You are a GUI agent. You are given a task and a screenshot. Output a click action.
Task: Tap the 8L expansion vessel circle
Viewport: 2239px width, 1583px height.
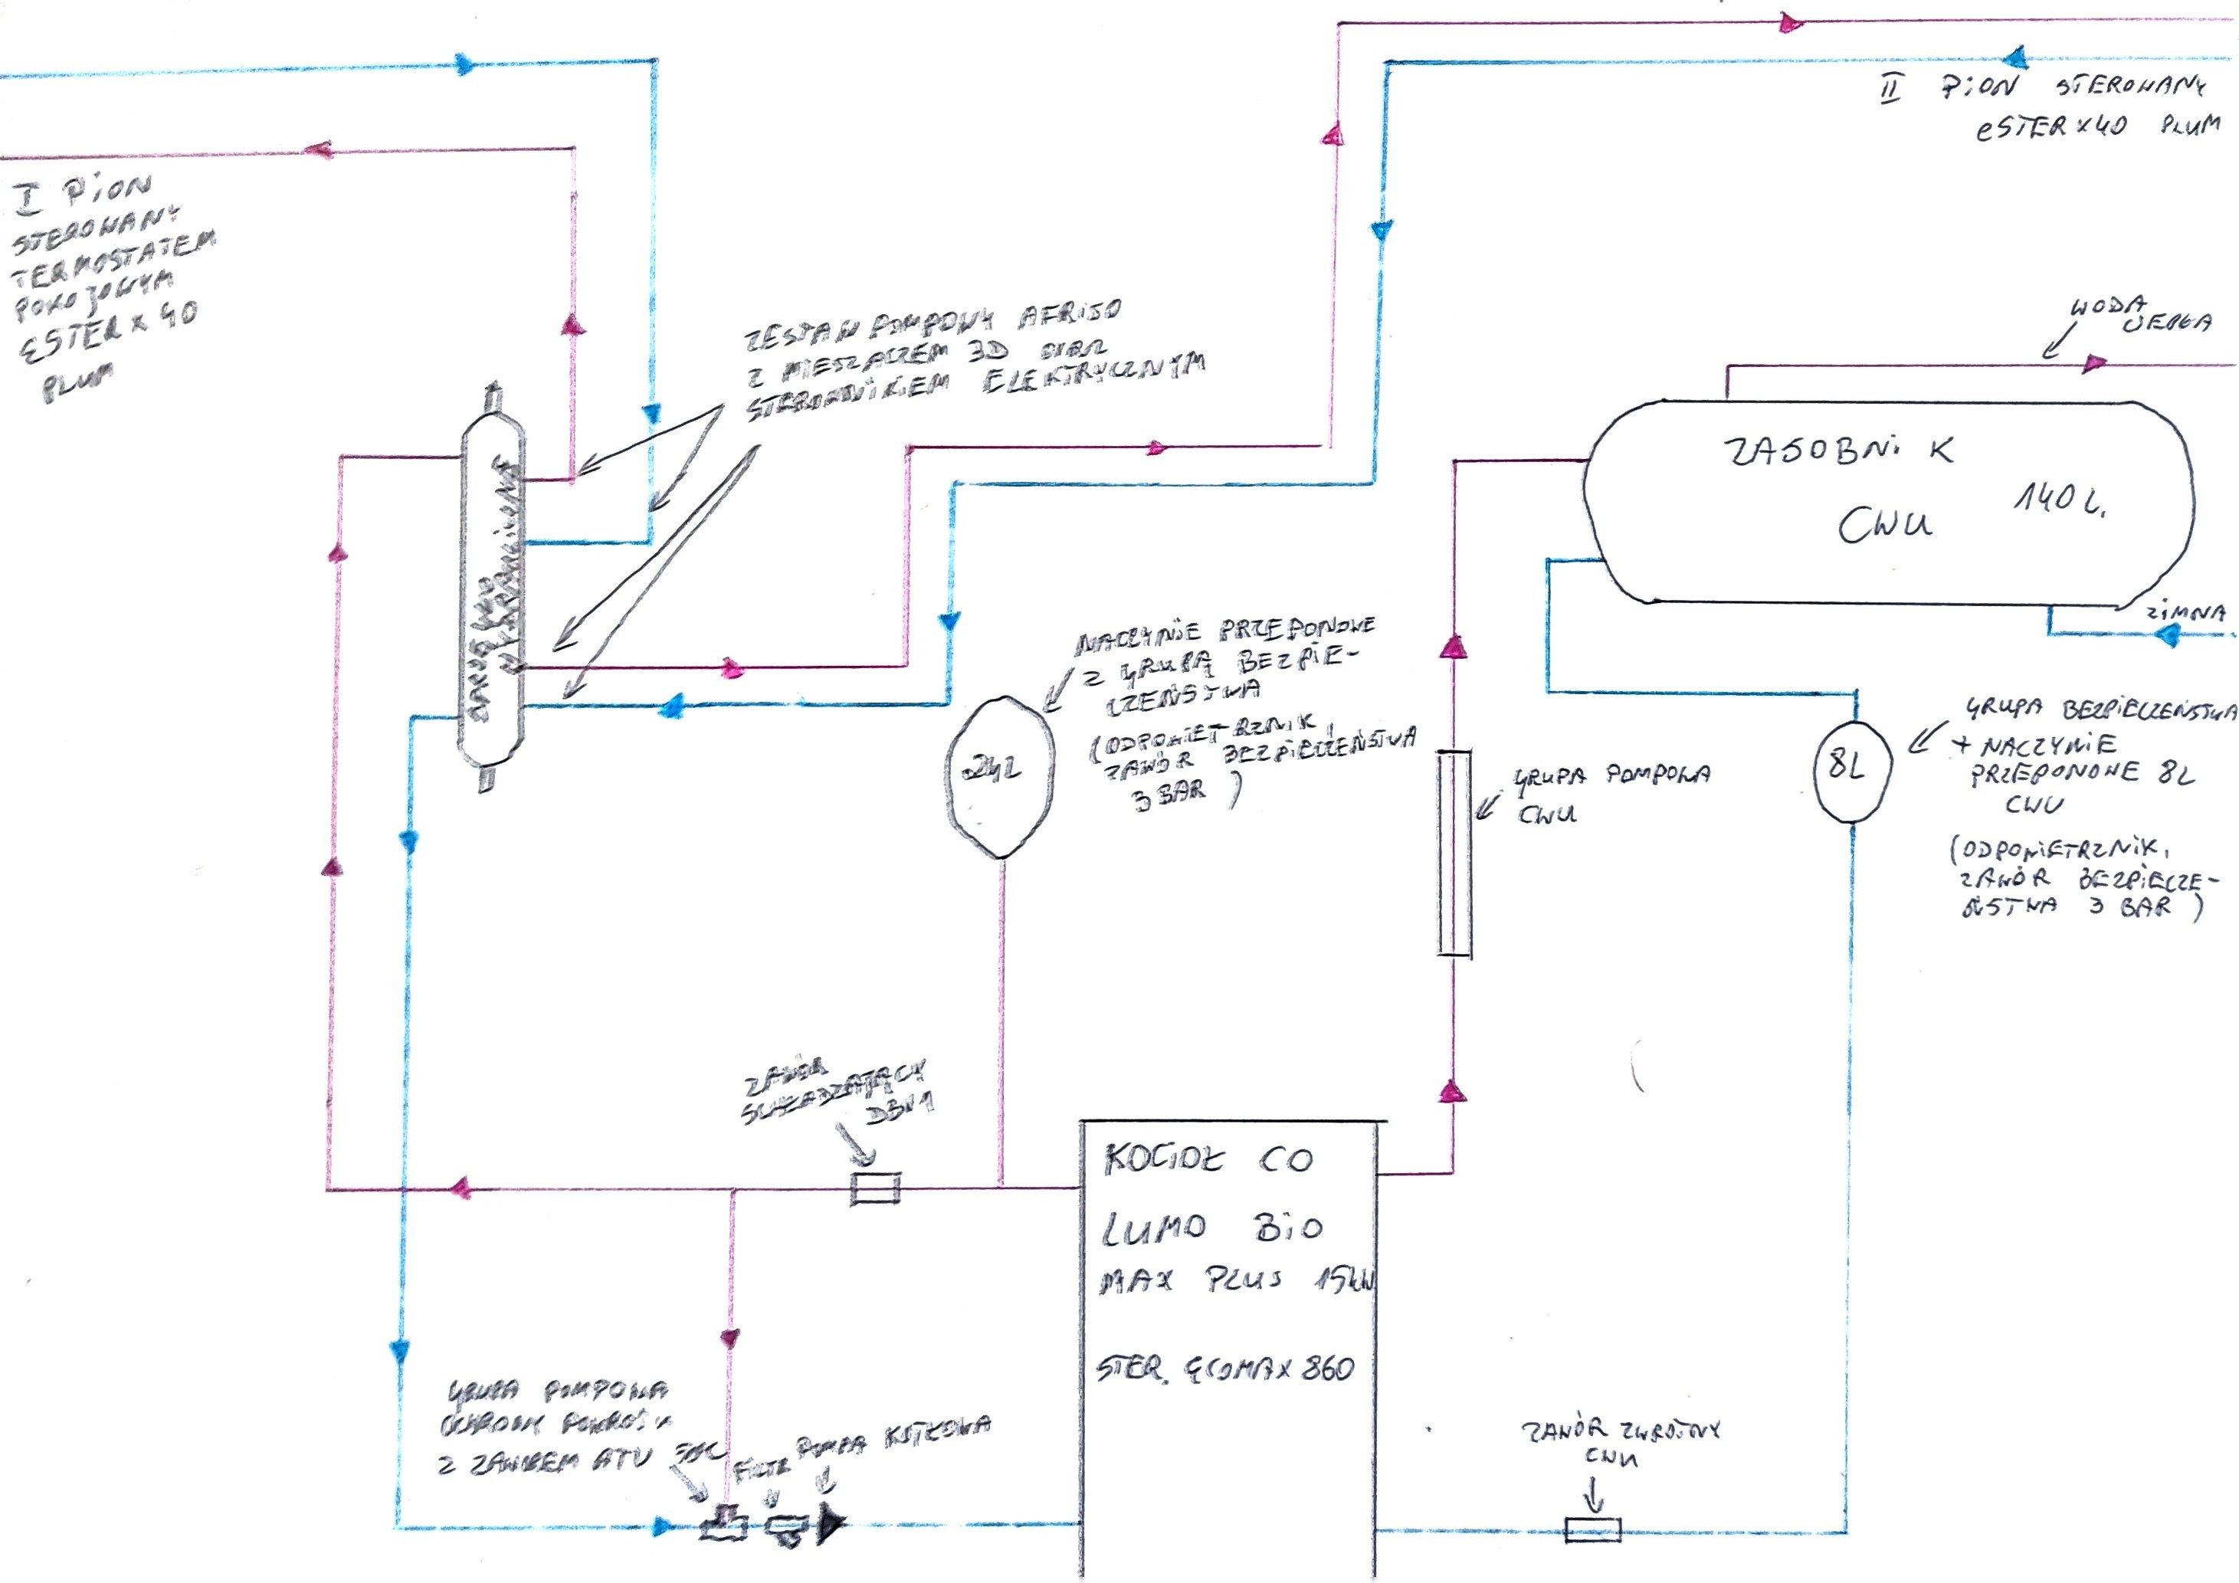[1852, 769]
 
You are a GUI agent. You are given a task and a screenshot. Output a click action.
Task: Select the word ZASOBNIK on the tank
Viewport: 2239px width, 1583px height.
[1838, 451]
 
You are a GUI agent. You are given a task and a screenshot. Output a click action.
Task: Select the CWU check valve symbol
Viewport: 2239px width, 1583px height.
[1592, 1529]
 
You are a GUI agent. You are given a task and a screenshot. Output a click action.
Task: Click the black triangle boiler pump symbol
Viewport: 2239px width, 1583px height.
[830, 1525]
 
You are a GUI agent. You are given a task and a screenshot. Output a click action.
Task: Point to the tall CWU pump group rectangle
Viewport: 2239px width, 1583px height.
[1454, 853]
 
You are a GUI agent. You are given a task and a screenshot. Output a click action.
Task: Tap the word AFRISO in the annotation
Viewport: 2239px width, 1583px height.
[1069, 314]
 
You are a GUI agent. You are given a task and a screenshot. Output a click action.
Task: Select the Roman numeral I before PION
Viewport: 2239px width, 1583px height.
[29, 199]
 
